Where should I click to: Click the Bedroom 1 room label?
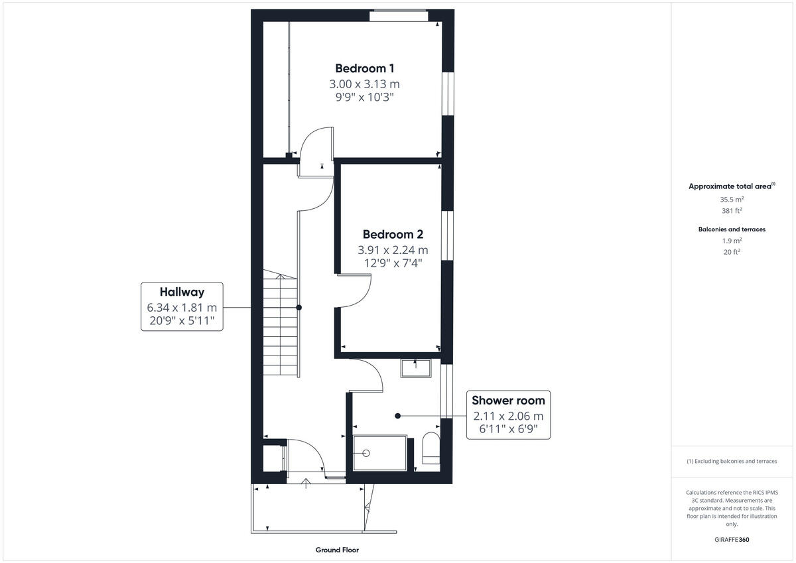coord(365,68)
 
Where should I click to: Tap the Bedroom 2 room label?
coord(393,235)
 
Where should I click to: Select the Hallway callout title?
coord(181,292)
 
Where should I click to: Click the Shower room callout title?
coord(508,401)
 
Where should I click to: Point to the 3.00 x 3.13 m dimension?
coord(365,84)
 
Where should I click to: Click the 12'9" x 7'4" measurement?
coord(393,263)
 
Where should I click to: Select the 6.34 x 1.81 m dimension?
coord(181,308)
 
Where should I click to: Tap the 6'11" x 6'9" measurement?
coord(508,429)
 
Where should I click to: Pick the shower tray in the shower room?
coord(380,453)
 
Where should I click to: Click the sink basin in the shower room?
coord(416,368)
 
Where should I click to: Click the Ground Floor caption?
coord(338,550)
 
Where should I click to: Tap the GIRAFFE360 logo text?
coord(732,540)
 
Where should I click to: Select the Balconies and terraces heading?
coord(732,229)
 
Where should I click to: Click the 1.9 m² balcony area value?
coord(732,241)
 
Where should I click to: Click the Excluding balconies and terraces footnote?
coord(732,461)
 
